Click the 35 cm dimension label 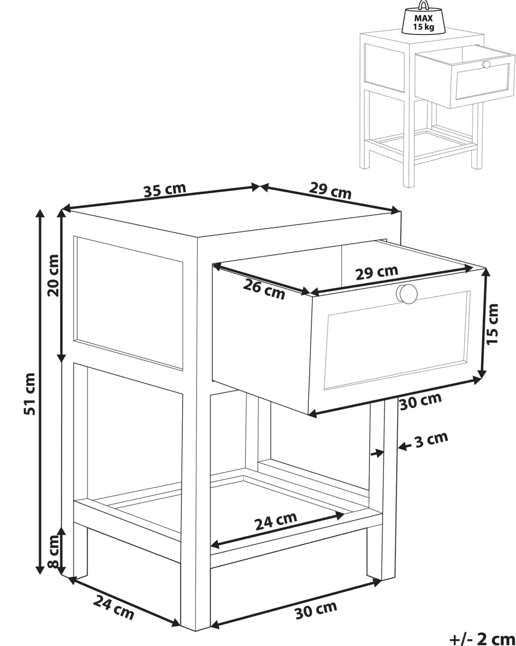[x=165, y=190]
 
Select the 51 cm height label [x=30, y=394]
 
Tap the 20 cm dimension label [x=53, y=276]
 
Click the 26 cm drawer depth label [x=264, y=290]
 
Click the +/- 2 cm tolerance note [x=482, y=638]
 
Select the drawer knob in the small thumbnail [x=486, y=65]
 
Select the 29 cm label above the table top [x=330, y=191]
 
